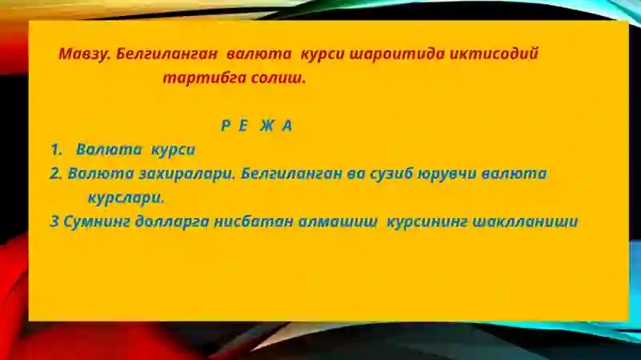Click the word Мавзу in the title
[x=83, y=55]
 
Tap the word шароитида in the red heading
[x=369, y=55]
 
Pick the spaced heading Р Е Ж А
[x=256, y=127]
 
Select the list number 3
[x=54, y=221]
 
